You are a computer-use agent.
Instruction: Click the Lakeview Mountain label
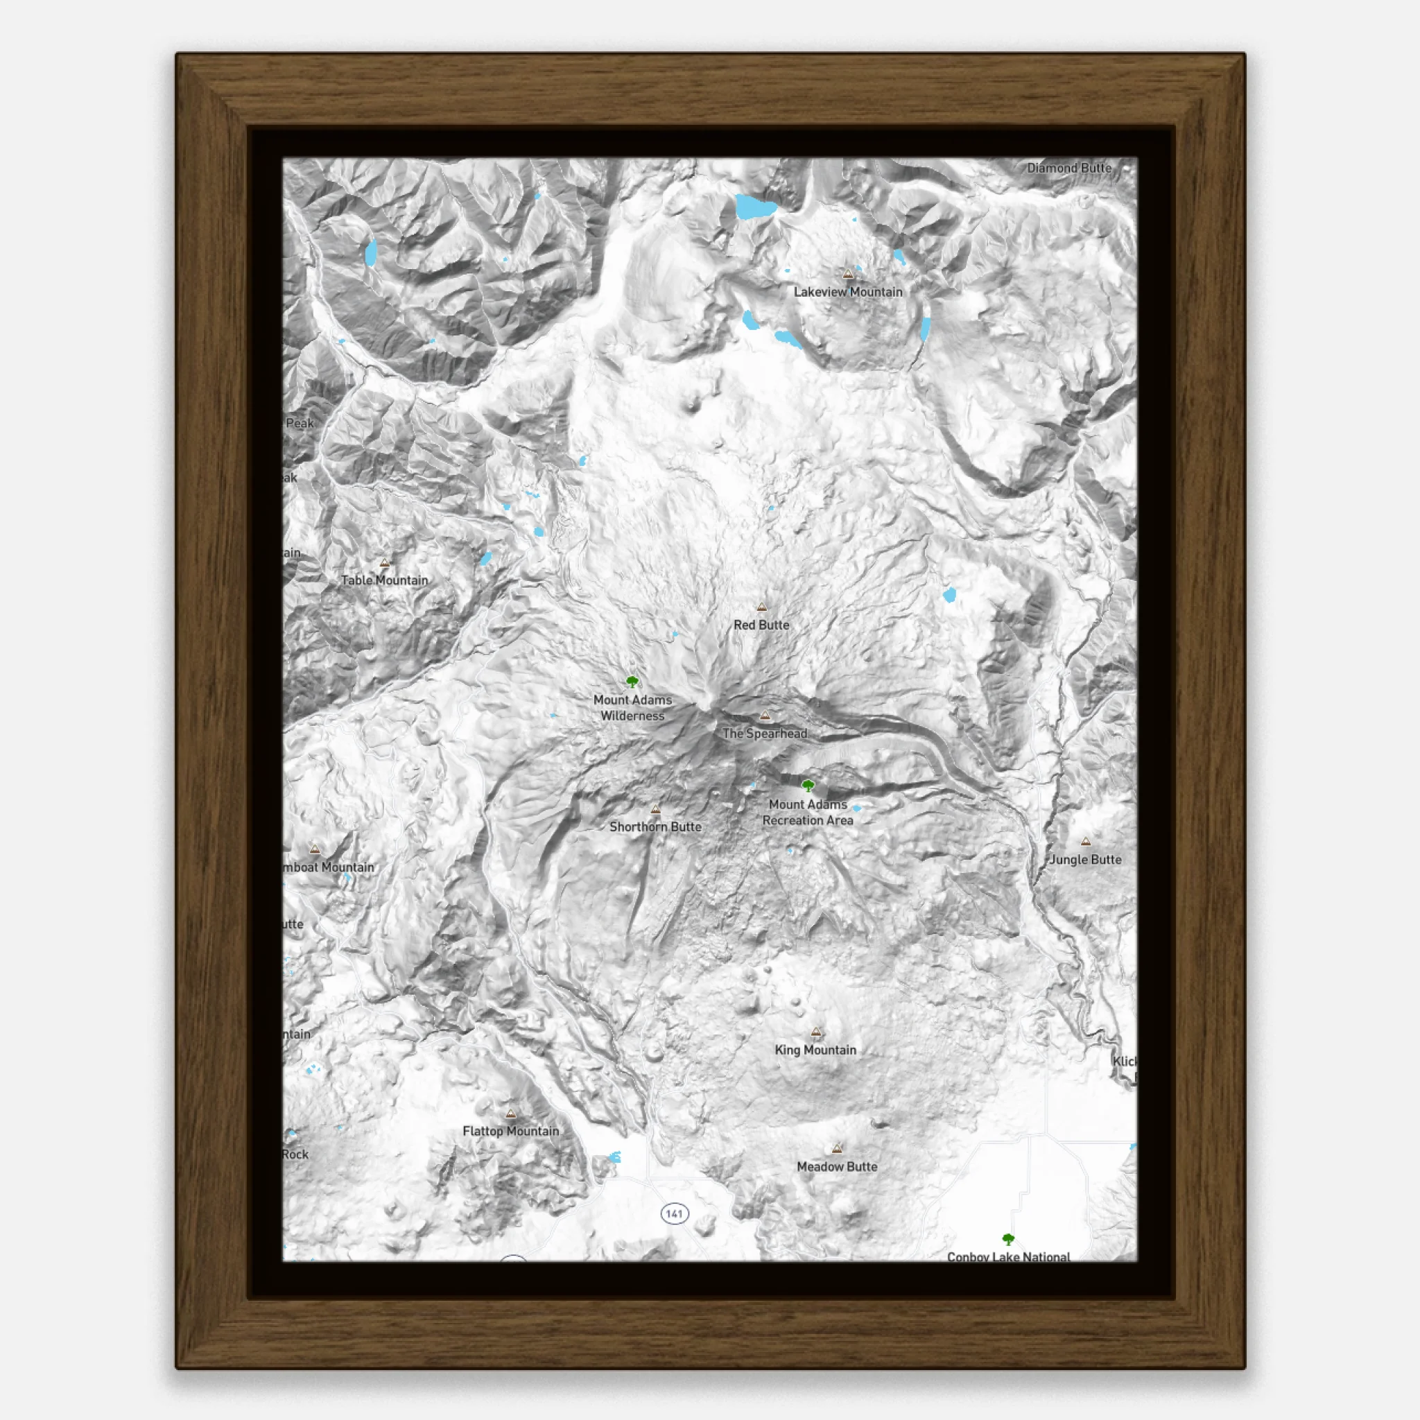(847, 292)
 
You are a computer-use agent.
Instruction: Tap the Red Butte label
(761, 625)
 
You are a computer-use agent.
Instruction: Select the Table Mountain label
(384, 580)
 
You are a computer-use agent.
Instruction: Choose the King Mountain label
(815, 1050)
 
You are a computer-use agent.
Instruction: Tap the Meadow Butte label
(836, 1166)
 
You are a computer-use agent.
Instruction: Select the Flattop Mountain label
(511, 1131)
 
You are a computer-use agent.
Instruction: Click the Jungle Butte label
(1085, 860)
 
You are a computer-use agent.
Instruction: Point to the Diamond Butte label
(1068, 168)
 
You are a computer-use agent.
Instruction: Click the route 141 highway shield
(674, 1213)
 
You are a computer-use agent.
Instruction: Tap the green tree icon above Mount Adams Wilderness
(632, 682)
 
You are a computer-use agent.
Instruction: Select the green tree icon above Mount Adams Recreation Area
(808, 786)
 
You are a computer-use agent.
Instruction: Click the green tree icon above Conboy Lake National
(1008, 1239)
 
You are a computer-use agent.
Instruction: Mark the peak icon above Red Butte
(761, 607)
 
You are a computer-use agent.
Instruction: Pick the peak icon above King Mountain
(816, 1032)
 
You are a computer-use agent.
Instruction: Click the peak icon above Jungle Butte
(1086, 842)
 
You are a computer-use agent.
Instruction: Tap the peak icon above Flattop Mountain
(511, 1114)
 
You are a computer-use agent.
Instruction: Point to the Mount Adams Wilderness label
(632, 708)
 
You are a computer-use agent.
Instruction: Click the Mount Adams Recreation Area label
(808, 812)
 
